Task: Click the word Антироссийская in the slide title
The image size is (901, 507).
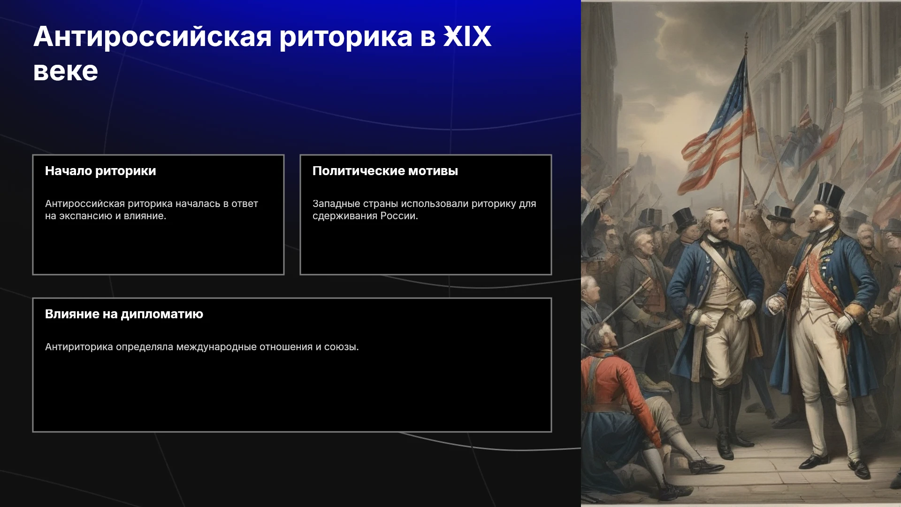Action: (x=153, y=37)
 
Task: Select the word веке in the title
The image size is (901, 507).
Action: (x=66, y=71)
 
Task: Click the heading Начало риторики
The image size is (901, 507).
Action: (x=100, y=171)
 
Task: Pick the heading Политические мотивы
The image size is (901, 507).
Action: (x=385, y=171)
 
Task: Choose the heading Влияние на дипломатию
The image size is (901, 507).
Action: (x=124, y=314)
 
